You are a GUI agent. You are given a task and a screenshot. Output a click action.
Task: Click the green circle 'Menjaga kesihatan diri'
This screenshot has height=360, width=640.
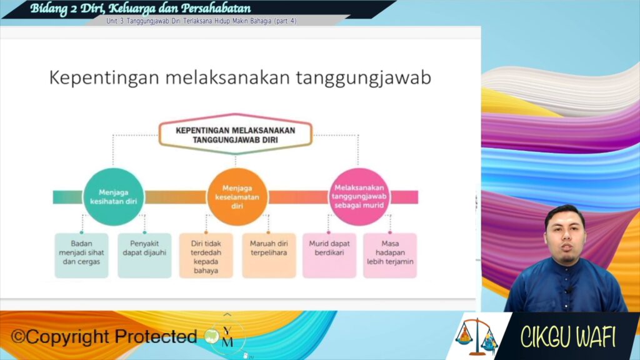[x=114, y=197]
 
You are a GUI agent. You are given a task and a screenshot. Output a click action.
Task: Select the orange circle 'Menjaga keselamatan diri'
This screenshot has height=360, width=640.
[x=237, y=197]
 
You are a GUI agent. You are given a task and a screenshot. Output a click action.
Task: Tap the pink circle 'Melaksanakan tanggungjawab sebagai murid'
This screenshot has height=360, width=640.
[x=359, y=197]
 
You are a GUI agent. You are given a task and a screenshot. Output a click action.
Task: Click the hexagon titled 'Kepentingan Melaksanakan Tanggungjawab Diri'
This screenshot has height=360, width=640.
[x=236, y=135]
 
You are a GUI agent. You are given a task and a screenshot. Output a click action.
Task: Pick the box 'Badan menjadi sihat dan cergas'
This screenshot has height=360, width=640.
[x=82, y=256]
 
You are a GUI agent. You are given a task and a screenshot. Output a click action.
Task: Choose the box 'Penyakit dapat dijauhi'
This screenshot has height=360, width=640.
[x=144, y=256]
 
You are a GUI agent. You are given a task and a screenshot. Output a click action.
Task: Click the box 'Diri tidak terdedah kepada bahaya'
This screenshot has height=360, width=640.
[x=206, y=256]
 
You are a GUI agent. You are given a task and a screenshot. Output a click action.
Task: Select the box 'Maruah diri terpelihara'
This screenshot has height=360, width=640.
[x=269, y=256]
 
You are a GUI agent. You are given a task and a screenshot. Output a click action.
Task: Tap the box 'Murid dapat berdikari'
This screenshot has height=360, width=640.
[x=329, y=256]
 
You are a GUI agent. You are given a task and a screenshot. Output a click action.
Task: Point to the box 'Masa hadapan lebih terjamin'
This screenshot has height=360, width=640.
[x=390, y=256]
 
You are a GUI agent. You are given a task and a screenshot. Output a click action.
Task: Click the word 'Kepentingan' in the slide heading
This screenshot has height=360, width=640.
[x=104, y=78]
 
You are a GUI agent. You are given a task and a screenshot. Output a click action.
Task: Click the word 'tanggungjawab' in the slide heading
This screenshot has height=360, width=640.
[x=363, y=78]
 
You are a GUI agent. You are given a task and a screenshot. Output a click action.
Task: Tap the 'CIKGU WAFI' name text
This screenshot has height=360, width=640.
[x=567, y=337]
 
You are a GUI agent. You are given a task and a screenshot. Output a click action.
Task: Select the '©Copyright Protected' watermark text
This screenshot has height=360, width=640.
[x=104, y=337]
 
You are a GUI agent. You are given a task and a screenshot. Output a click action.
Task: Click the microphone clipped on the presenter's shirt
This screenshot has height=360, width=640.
[x=569, y=290]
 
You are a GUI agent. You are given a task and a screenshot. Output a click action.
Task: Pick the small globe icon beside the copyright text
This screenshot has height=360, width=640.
[x=212, y=336]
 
